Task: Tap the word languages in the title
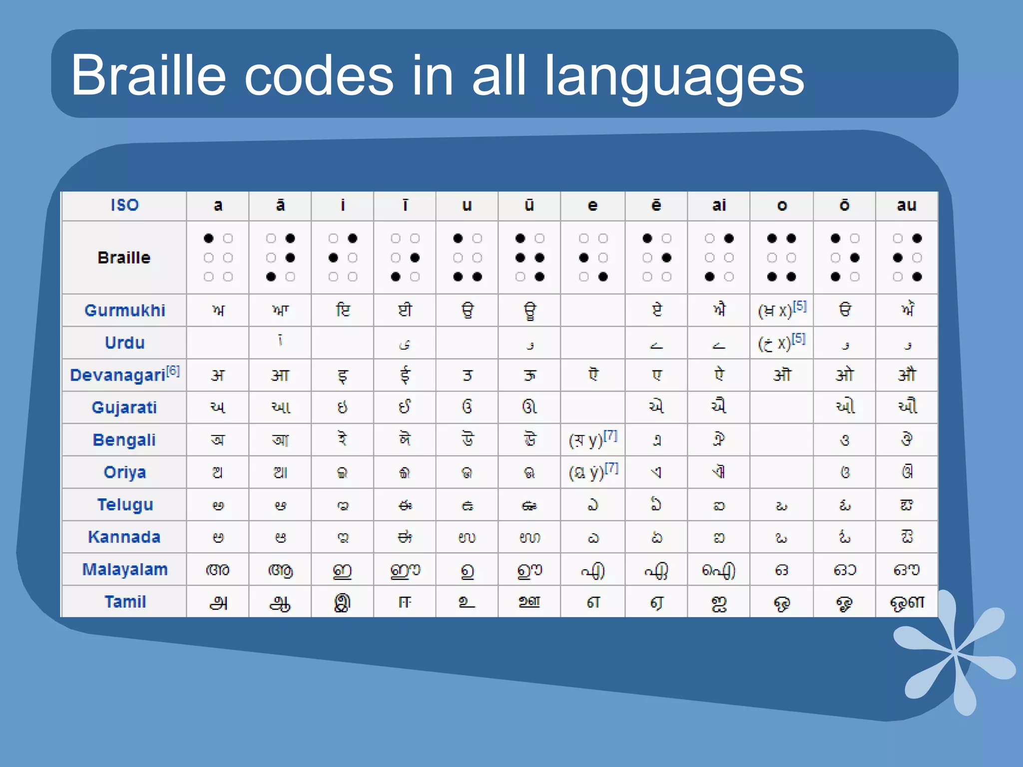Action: (x=674, y=77)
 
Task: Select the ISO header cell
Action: (x=124, y=205)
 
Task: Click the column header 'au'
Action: (x=906, y=205)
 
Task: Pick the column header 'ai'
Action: (x=718, y=205)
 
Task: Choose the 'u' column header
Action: (x=467, y=205)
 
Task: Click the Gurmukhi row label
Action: (x=125, y=310)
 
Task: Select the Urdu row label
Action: (x=125, y=343)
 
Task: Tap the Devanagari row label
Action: (x=118, y=375)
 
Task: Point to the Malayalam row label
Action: (x=125, y=569)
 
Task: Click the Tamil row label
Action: (x=125, y=602)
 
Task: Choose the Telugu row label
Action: (x=125, y=504)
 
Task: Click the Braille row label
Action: (x=124, y=258)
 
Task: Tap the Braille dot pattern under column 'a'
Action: (x=218, y=258)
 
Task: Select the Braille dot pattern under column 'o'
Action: (x=781, y=258)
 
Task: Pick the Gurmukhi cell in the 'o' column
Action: (x=781, y=311)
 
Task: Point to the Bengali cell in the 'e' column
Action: (x=592, y=439)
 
